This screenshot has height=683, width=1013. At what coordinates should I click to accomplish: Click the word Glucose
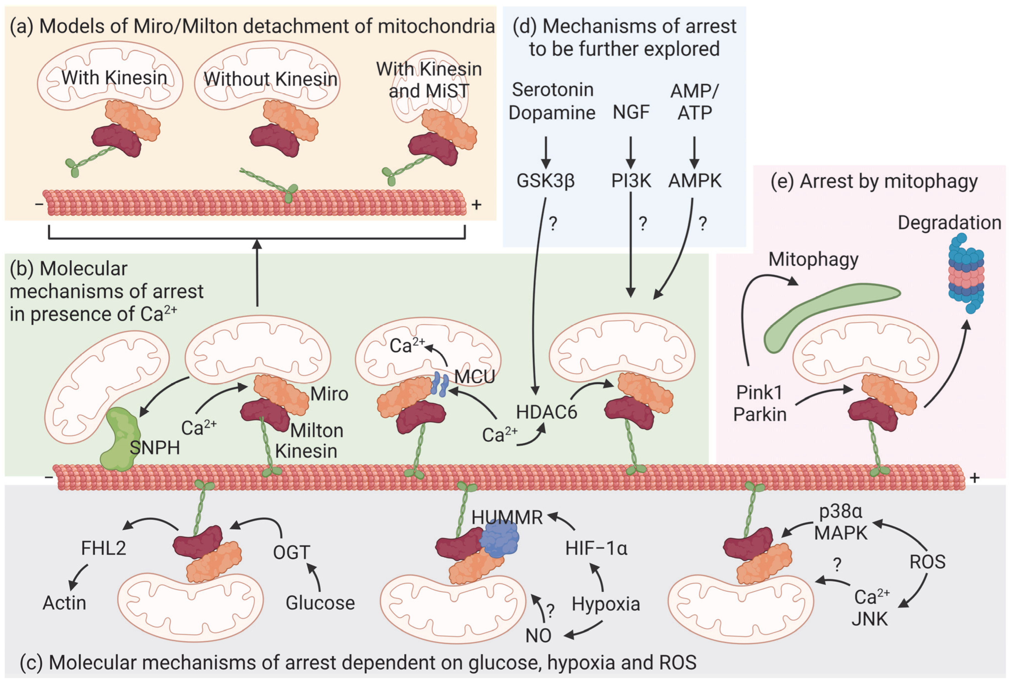coord(320,603)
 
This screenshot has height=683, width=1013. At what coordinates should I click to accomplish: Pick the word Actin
coord(64,603)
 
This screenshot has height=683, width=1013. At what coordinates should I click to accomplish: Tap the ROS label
coord(927,562)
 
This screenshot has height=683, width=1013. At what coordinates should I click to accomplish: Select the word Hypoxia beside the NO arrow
coord(606,604)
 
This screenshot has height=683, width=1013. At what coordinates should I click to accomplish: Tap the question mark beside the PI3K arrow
coord(642,224)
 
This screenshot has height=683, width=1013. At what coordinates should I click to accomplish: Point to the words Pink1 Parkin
coord(760,403)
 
